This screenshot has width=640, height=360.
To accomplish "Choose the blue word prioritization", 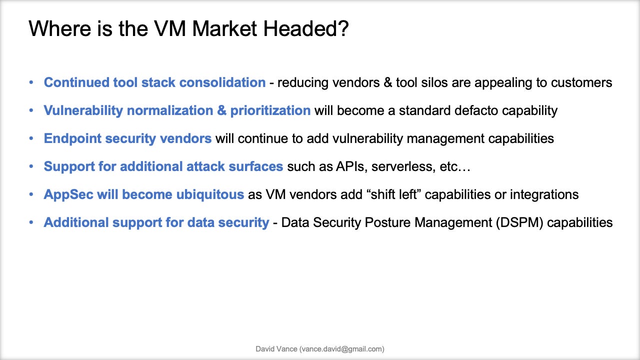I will click(x=270, y=110).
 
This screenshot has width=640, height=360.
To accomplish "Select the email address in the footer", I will click(x=342, y=349).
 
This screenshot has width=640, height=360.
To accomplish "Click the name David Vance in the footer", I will click(x=276, y=349).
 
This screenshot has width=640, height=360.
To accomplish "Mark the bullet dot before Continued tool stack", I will click(x=32, y=82).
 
